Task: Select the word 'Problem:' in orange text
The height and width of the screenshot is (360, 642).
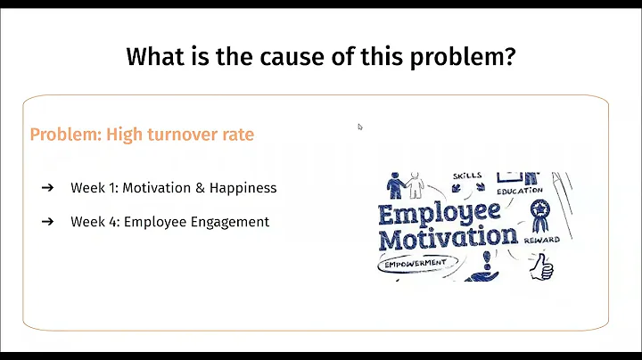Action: click(x=66, y=135)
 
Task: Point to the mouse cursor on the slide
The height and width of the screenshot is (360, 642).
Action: click(x=360, y=127)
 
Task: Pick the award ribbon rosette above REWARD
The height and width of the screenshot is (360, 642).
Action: click(x=539, y=211)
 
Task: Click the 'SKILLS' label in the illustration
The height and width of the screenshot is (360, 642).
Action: click(x=467, y=176)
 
